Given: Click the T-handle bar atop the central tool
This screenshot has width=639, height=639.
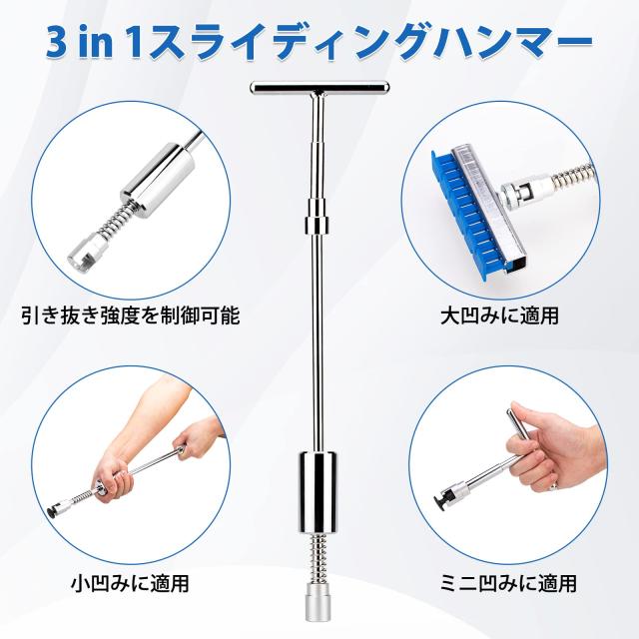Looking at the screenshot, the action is point(319,87).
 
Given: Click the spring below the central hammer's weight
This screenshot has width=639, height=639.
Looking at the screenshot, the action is point(319,558).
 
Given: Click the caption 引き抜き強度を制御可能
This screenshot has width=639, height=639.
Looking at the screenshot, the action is point(131,316).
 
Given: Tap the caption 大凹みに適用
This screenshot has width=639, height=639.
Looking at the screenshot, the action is point(499,316).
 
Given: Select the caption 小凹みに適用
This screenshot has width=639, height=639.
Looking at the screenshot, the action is point(131,583).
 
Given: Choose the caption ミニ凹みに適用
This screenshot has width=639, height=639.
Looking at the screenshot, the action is point(508,583).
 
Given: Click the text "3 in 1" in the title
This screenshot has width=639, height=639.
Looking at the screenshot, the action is point(93,43).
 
